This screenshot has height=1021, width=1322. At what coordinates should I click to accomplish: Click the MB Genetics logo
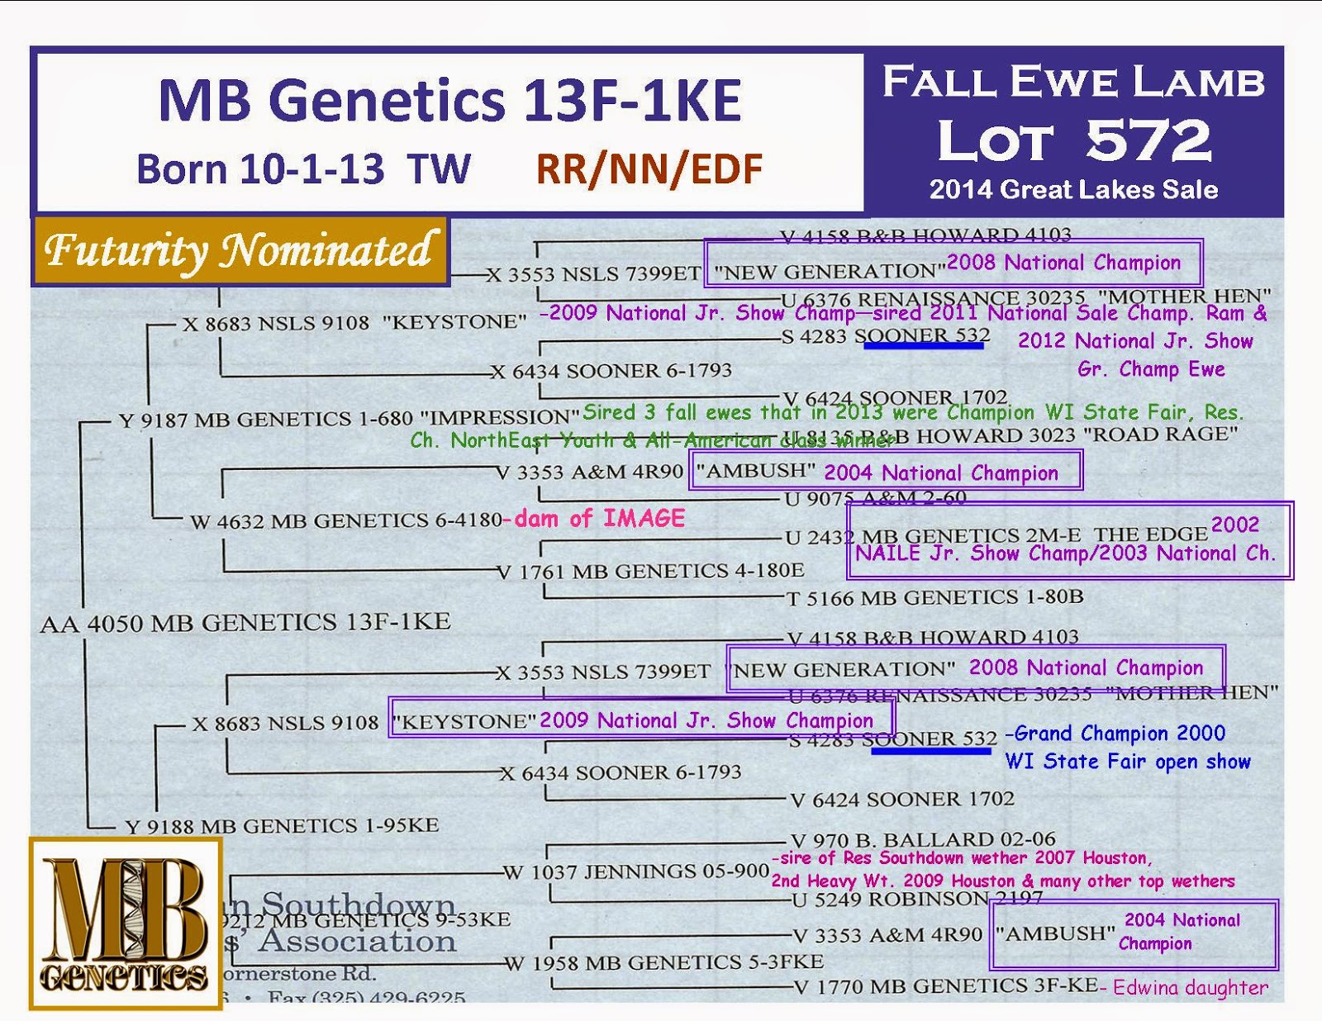tap(126, 924)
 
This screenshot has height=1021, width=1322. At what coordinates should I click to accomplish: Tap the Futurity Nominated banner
tap(240, 250)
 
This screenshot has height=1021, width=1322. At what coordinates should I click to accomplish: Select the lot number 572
tap(1148, 140)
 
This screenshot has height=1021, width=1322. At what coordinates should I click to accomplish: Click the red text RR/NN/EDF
tap(649, 169)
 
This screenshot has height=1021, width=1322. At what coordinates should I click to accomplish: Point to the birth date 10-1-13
tap(311, 169)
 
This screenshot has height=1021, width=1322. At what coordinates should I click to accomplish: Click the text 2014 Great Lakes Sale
tap(1073, 190)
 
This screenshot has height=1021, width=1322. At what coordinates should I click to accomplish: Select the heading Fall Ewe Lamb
tap(1073, 83)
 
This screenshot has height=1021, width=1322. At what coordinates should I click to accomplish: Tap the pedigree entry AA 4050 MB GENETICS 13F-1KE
tap(245, 622)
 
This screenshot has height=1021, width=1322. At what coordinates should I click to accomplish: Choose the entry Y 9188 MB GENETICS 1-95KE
tap(282, 825)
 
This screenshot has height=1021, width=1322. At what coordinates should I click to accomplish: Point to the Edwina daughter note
tap(1189, 987)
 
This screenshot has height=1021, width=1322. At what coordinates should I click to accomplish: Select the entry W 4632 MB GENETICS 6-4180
tap(345, 521)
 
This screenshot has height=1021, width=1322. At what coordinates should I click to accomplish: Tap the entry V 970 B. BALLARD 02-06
tap(923, 840)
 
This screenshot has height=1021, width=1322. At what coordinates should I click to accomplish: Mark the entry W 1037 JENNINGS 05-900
tap(636, 871)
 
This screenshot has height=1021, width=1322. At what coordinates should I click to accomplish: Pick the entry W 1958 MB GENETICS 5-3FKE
tap(664, 962)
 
